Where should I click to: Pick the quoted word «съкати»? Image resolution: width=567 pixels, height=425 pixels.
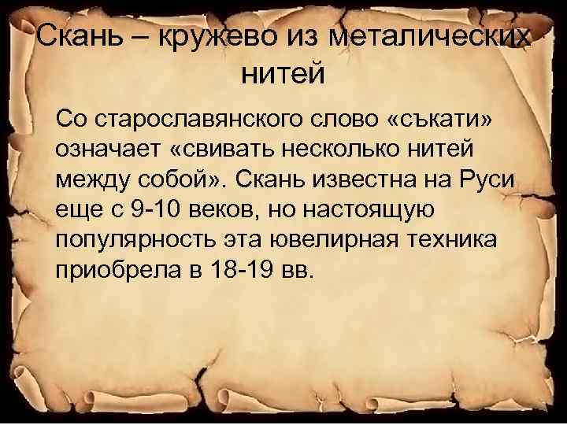(x=448, y=119)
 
